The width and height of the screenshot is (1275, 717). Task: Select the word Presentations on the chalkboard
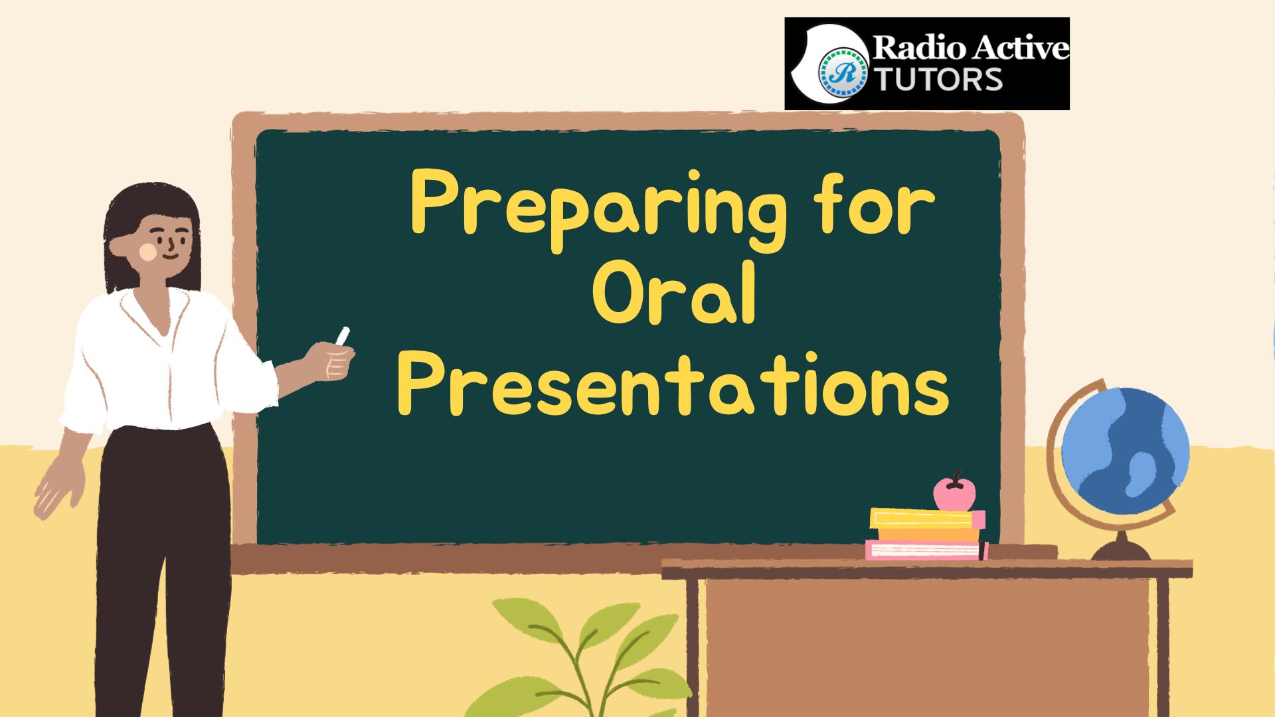(673, 384)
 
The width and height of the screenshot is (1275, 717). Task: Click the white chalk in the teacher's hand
(343, 336)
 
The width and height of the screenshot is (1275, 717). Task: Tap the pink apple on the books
(954, 492)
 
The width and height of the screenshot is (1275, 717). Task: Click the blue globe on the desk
(1125, 451)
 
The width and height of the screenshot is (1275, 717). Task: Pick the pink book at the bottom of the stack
(927, 550)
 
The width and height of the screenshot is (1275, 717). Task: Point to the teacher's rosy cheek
(148, 251)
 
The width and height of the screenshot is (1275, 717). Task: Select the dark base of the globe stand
(1122, 548)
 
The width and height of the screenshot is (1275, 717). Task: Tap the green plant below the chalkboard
(584, 657)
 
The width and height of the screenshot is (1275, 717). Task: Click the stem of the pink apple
(957, 477)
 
